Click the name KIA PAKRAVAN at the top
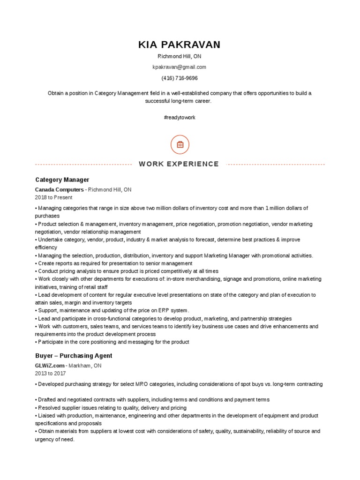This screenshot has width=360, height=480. click(x=180, y=45)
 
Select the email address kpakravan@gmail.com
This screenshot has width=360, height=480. click(x=180, y=67)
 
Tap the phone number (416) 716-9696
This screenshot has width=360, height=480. click(x=180, y=78)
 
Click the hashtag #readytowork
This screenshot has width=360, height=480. click(x=180, y=117)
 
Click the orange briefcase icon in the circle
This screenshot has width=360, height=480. click(x=180, y=145)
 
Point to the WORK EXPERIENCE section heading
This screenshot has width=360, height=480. click(x=179, y=164)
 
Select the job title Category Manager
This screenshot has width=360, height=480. click(x=62, y=180)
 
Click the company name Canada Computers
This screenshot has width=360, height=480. click(x=59, y=190)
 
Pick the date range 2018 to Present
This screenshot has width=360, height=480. click(x=54, y=198)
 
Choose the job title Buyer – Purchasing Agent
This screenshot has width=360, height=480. click(x=74, y=356)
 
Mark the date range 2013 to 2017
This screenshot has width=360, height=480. click(x=51, y=374)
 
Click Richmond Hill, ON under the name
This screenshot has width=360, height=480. click(x=180, y=56)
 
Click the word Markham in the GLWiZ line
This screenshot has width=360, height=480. click(x=82, y=366)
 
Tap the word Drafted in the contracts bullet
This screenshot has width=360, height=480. click(x=47, y=400)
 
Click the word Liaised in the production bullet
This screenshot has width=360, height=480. click(x=47, y=416)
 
